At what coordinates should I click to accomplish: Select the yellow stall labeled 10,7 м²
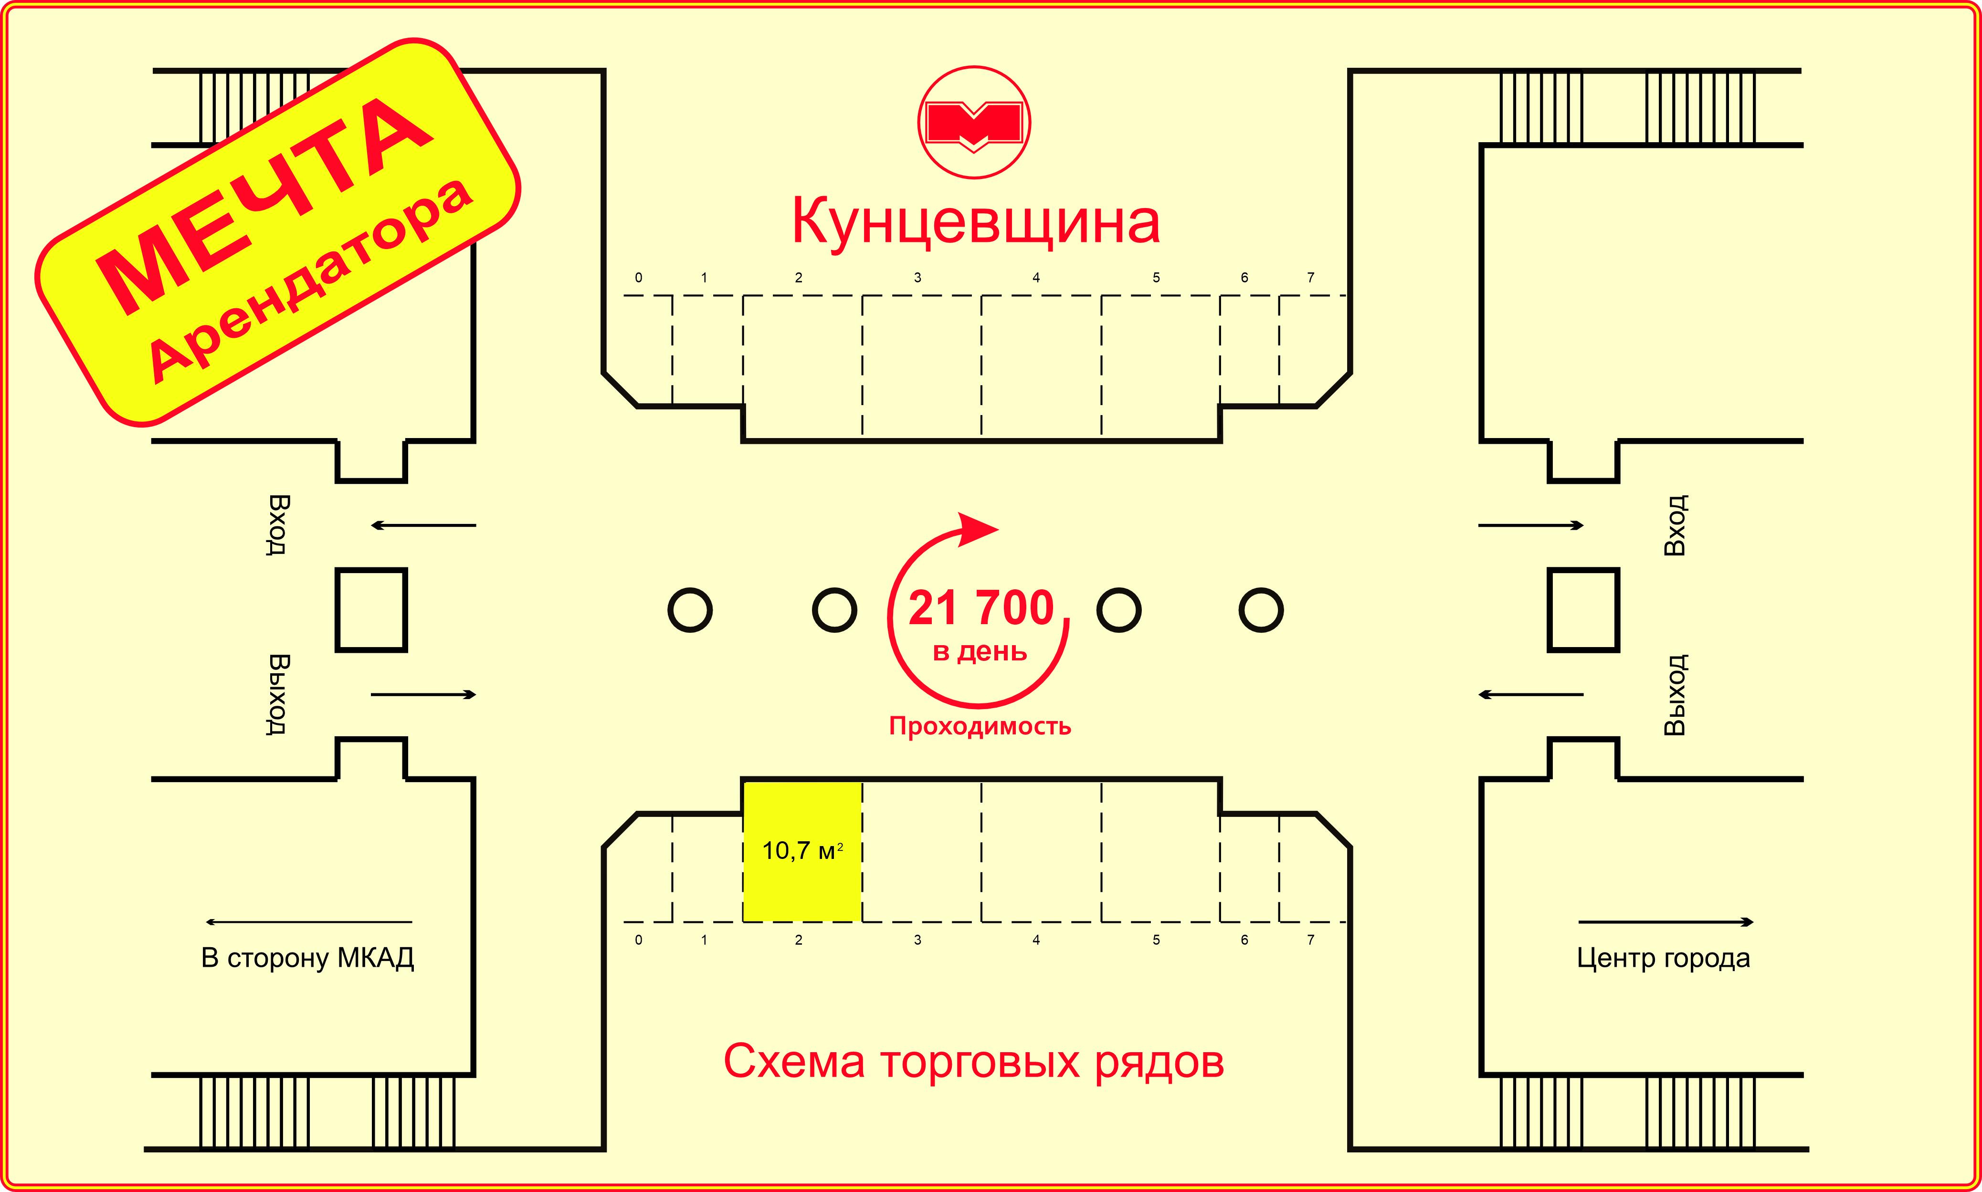(x=802, y=851)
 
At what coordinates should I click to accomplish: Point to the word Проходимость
(x=980, y=726)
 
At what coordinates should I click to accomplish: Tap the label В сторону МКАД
(x=308, y=958)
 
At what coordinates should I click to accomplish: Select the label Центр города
(x=1664, y=958)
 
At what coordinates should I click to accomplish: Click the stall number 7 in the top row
(x=1310, y=277)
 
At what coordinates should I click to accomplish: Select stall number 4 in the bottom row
(x=1036, y=940)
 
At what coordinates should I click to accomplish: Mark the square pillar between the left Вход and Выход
(x=371, y=610)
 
